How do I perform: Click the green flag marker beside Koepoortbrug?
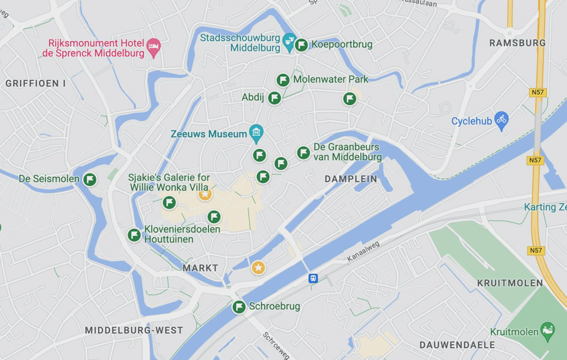[301, 45]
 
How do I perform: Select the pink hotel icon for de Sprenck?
[154, 46]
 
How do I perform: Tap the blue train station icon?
[313, 279]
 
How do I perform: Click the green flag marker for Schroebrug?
[239, 307]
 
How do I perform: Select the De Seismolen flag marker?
[90, 179]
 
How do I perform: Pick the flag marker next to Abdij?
[275, 98]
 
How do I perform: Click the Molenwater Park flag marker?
[283, 80]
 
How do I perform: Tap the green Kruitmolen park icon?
[548, 329]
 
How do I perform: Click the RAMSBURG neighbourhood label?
[517, 43]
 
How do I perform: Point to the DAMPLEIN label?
[351, 179]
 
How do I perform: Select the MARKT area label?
[200, 268]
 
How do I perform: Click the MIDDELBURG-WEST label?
[134, 330]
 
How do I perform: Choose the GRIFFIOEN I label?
[36, 84]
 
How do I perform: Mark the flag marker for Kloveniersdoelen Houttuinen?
[134, 235]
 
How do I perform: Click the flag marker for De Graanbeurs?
[304, 153]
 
